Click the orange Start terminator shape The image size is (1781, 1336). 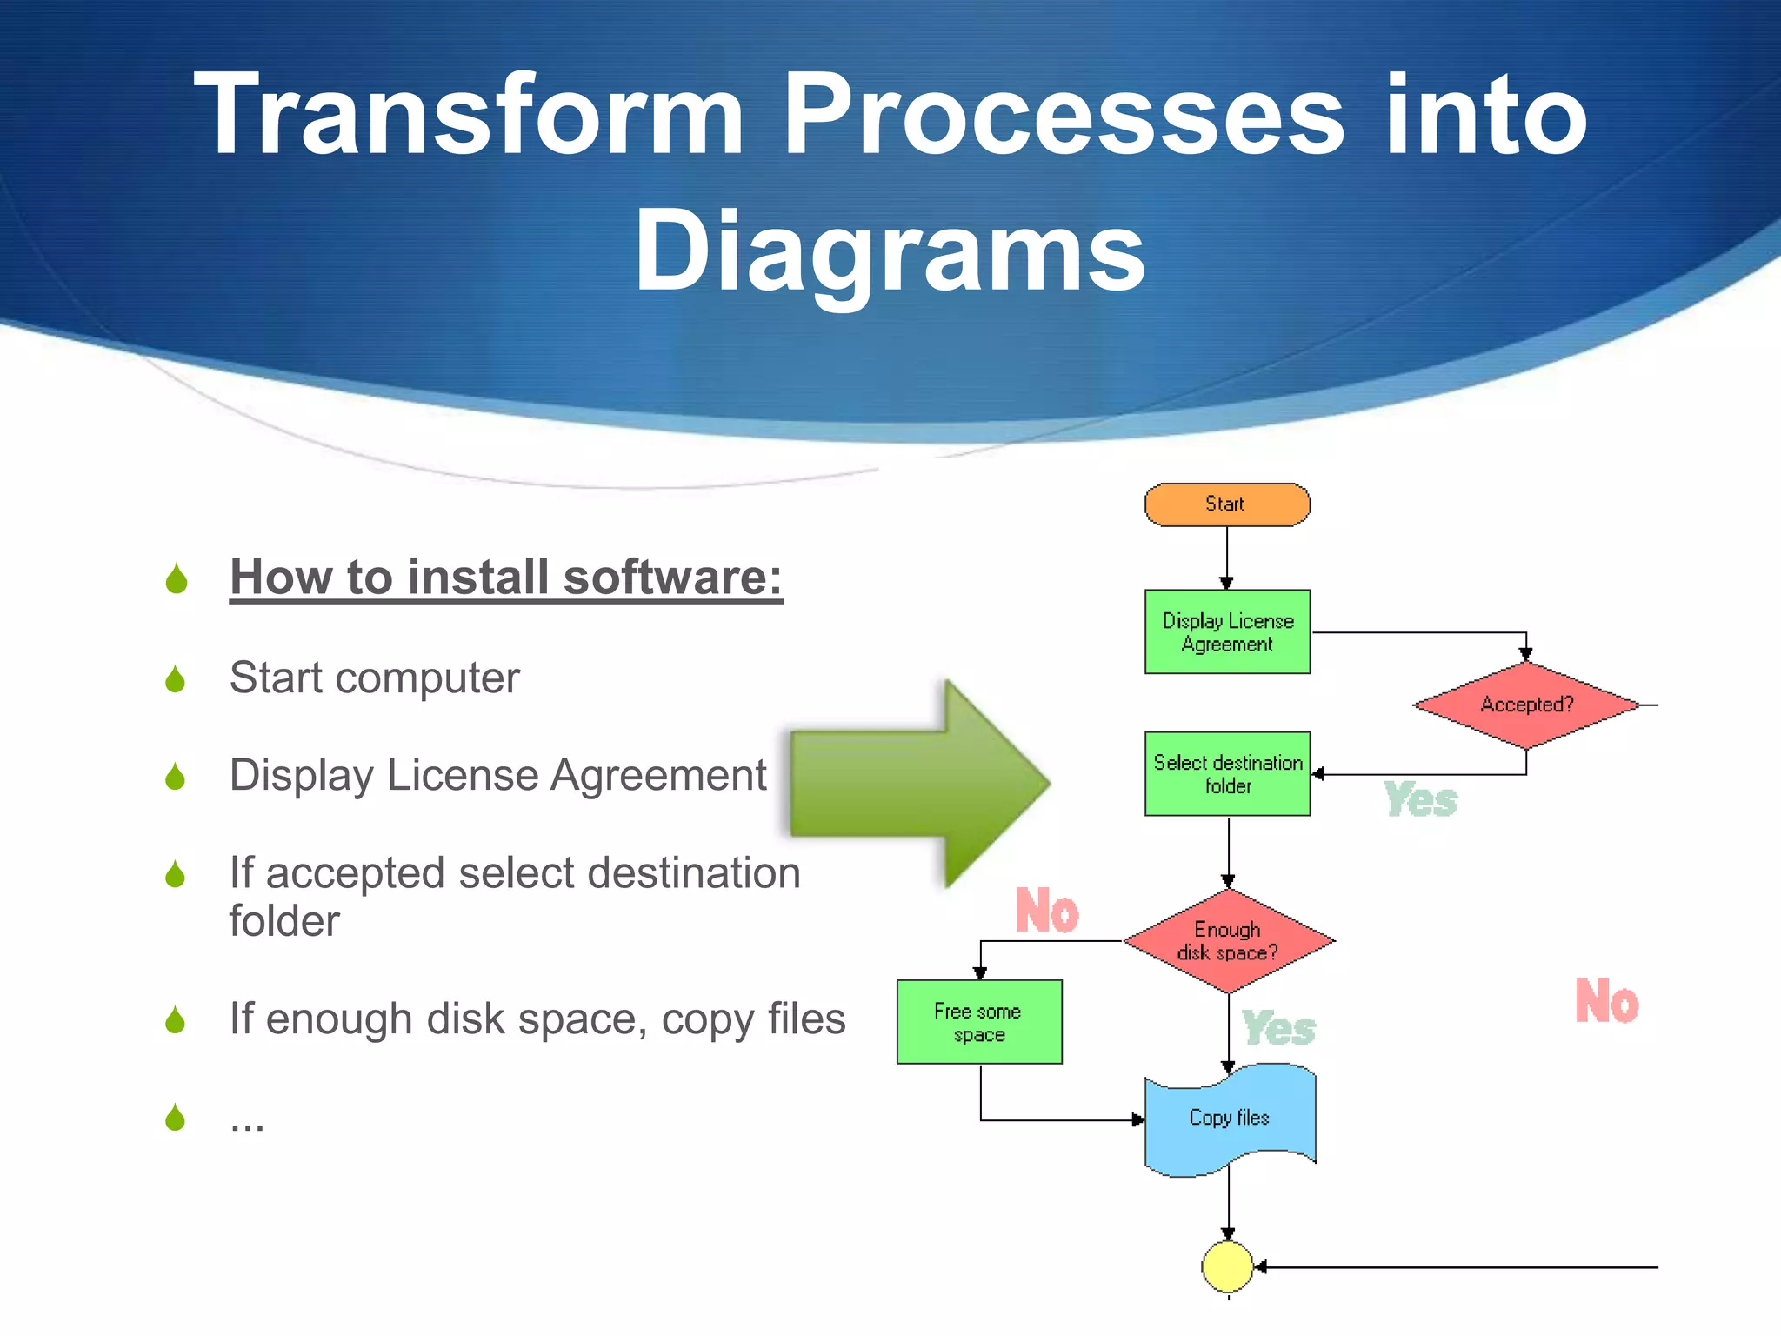click(x=1226, y=504)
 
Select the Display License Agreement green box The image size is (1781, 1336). click(x=1227, y=632)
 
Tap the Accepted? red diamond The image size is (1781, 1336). click(x=1526, y=705)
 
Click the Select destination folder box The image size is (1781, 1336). click(x=1227, y=774)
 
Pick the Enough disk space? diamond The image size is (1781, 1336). click(x=1228, y=941)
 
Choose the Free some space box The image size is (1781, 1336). click(x=979, y=1022)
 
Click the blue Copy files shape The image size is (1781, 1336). click(x=1230, y=1119)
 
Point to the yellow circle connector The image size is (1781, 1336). click(x=1227, y=1266)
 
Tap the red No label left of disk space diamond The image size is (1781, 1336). click(x=1047, y=911)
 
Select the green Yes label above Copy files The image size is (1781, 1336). click(x=1278, y=1029)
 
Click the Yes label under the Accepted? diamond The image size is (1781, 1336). click(x=1420, y=800)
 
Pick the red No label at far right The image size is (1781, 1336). click(x=1606, y=1001)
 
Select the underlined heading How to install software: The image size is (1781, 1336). click(x=506, y=578)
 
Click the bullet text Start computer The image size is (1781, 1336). click(x=374, y=678)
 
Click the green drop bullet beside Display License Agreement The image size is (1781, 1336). click(x=176, y=776)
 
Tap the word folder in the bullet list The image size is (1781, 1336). click(x=284, y=921)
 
